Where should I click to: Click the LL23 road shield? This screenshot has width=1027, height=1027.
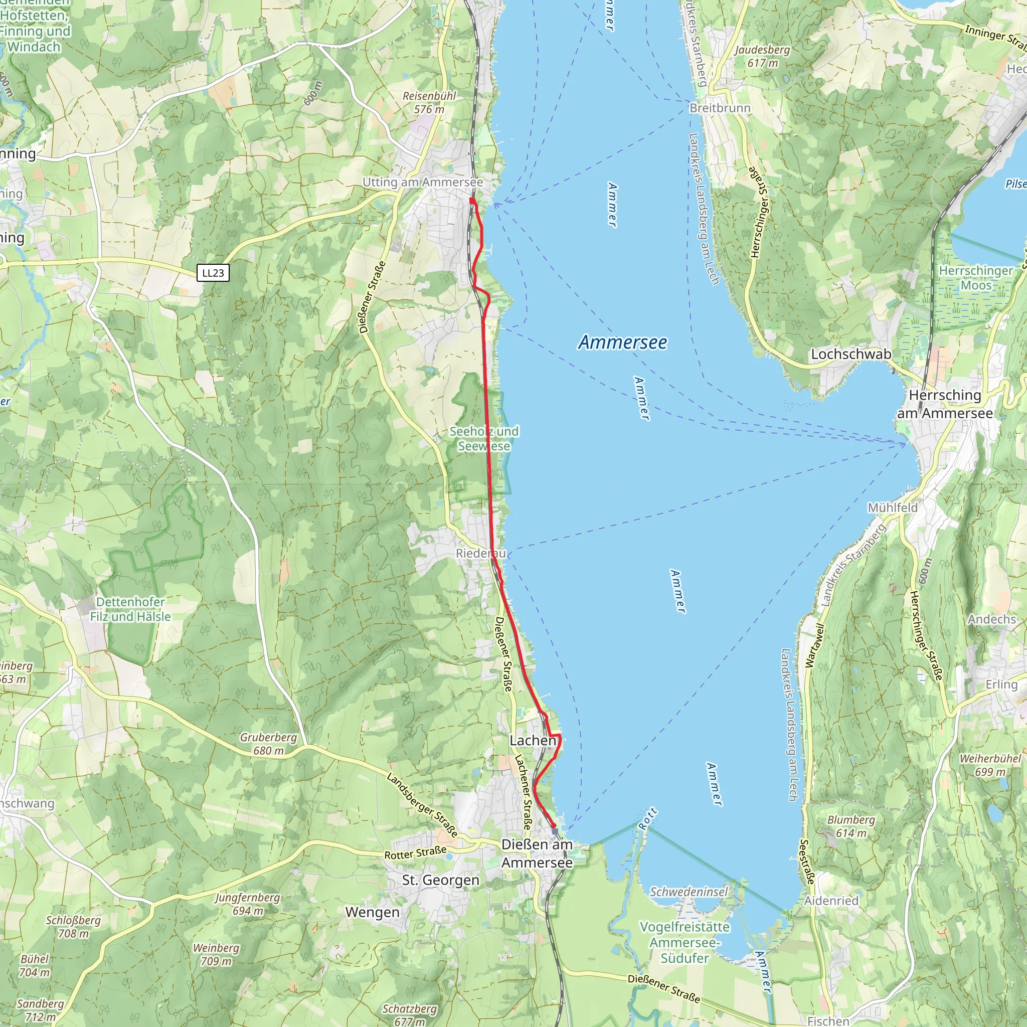click(213, 273)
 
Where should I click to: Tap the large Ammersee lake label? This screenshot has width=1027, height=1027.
click(622, 343)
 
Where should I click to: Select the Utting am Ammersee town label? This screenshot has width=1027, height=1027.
click(423, 182)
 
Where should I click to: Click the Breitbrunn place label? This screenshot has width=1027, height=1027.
click(720, 108)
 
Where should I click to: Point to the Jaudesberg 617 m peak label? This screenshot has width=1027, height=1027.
click(762, 56)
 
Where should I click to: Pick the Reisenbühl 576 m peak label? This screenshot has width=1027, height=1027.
click(430, 103)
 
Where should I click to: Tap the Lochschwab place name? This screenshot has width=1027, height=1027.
click(850, 354)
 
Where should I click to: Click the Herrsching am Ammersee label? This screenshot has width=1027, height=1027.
click(945, 404)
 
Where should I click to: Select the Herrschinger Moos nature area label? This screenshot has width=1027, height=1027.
click(976, 278)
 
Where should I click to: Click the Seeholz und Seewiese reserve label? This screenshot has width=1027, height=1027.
click(484, 439)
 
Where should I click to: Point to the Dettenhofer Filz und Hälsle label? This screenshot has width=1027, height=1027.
click(130, 609)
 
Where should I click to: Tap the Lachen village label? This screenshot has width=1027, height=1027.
click(533, 741)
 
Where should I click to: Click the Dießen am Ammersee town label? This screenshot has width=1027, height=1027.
click(537, 853)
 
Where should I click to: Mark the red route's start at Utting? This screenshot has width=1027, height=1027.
click(472, 201)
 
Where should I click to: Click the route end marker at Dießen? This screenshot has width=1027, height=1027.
click(555, 831)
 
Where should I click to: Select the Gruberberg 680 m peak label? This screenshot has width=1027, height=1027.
click(268, 744)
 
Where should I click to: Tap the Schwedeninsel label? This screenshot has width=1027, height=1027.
click(689, 892)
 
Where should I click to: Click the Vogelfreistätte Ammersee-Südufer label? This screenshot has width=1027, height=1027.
click(684, 942)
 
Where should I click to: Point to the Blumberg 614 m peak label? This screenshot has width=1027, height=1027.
click(850, 826)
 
